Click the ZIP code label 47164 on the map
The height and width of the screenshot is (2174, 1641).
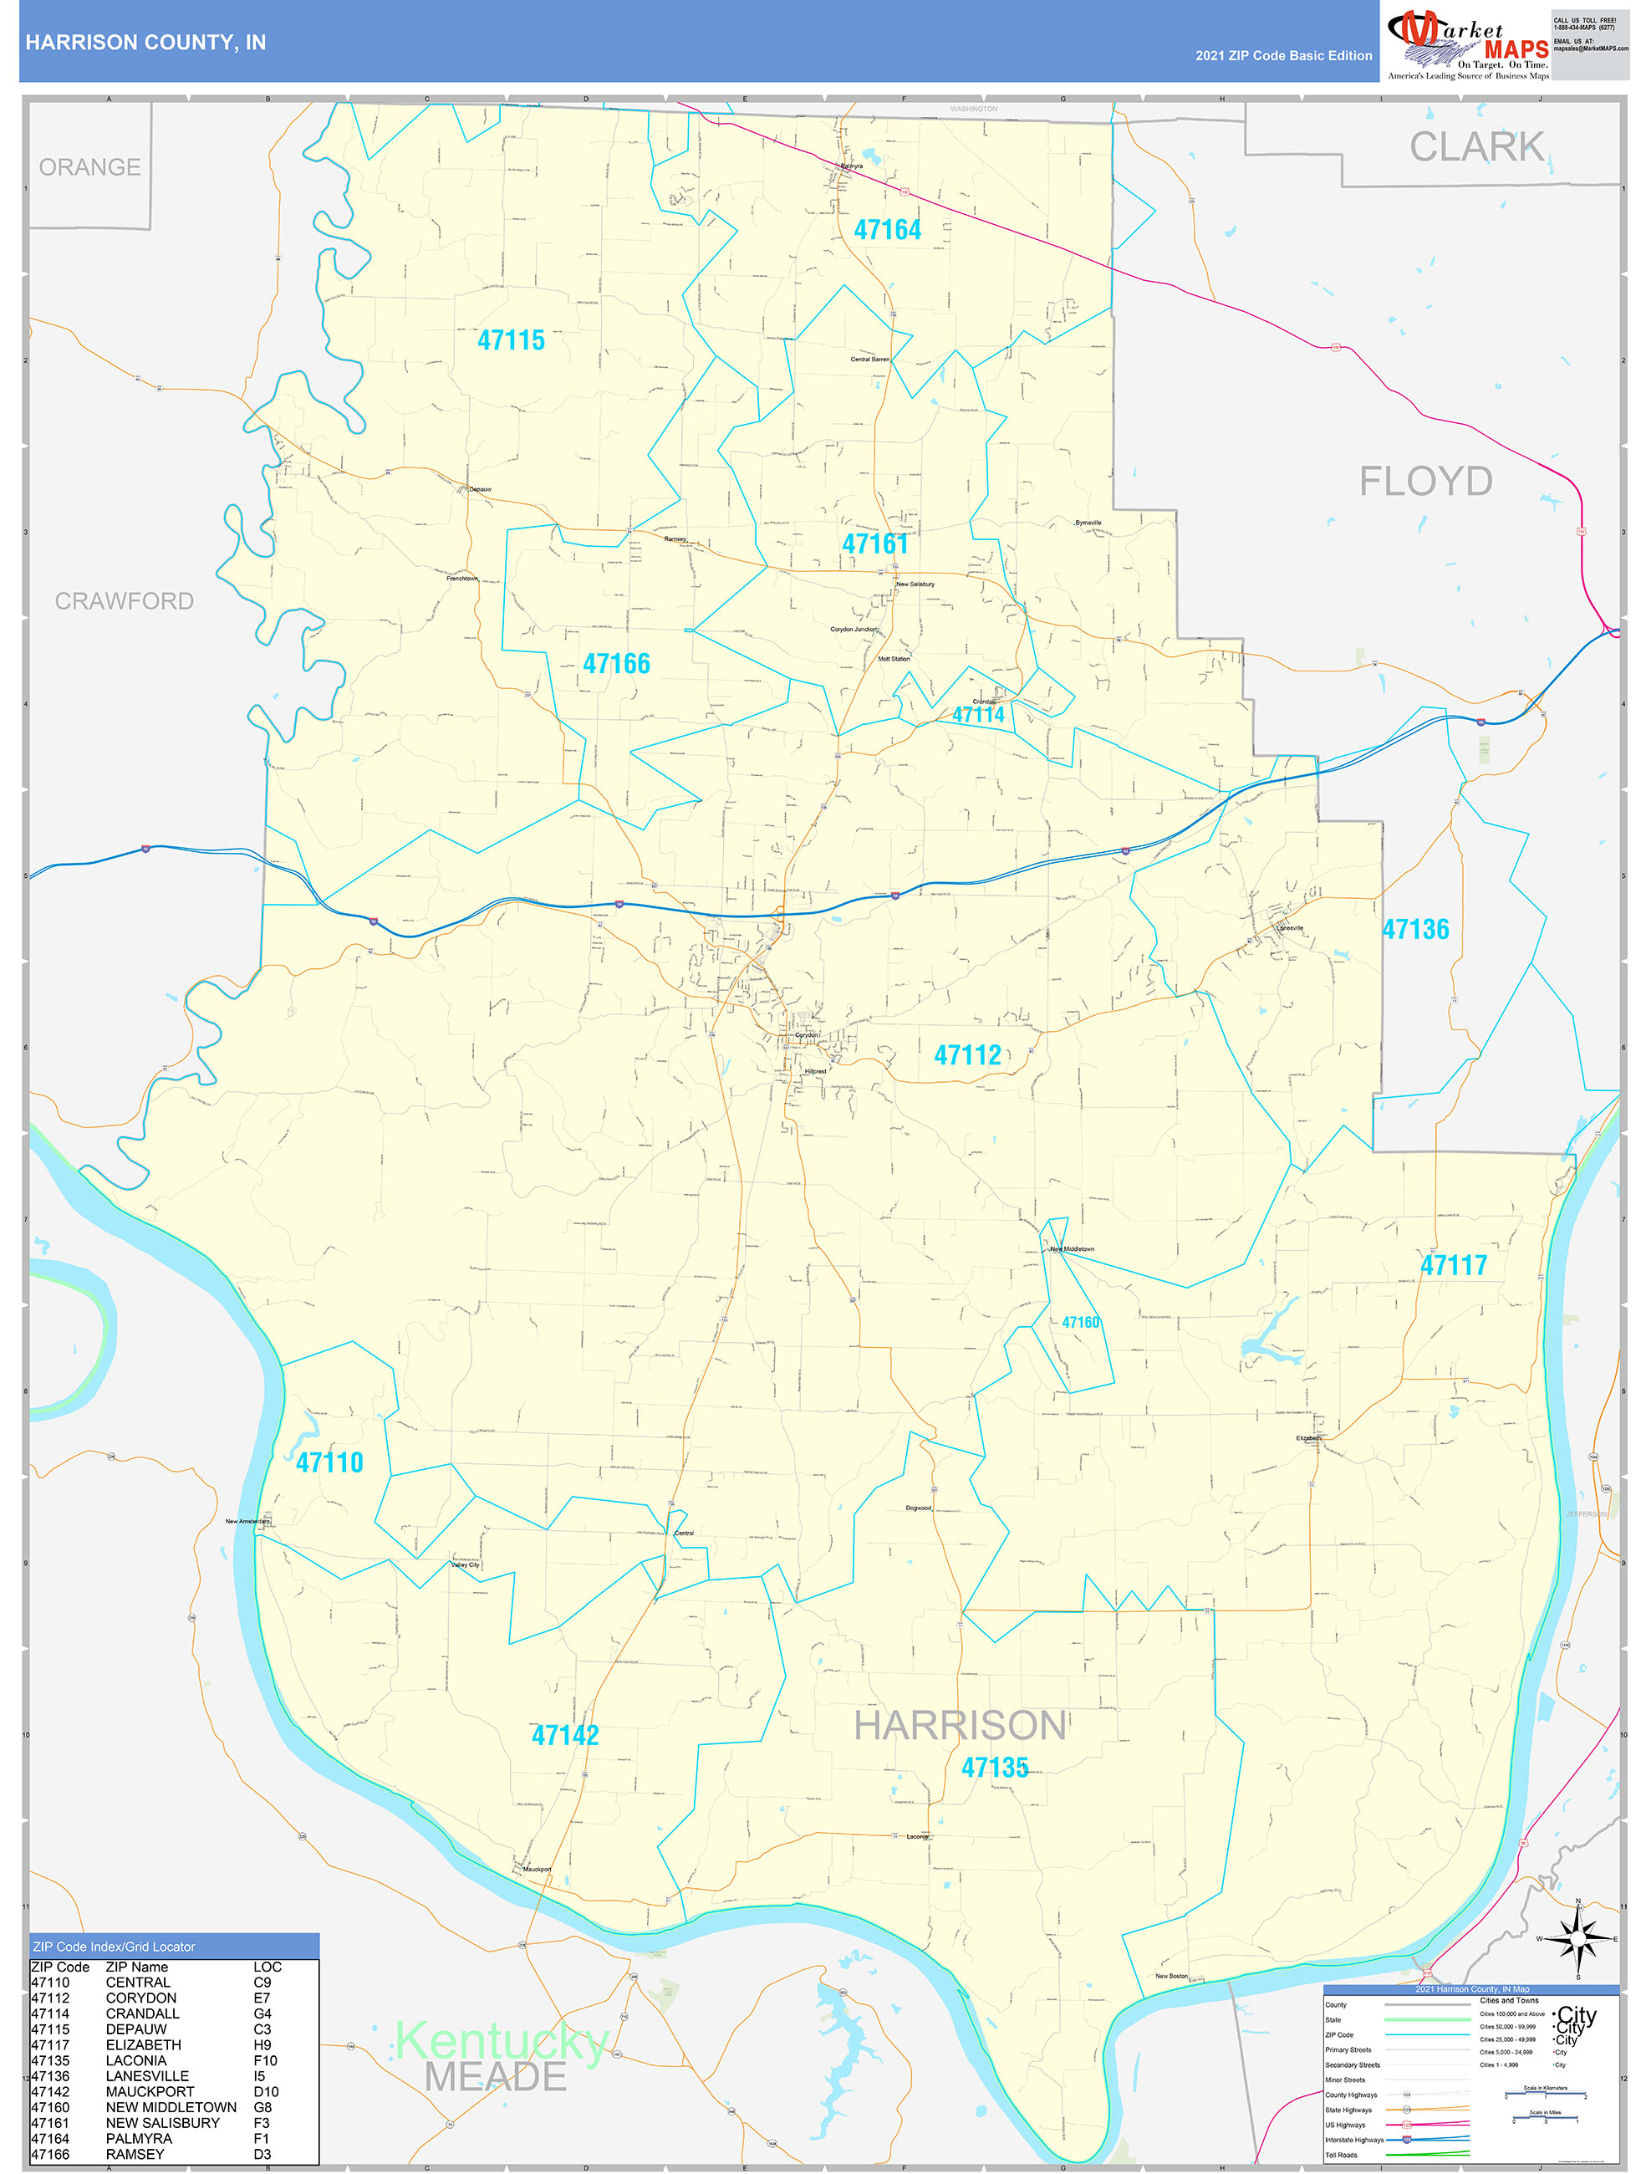[x=887, y=230]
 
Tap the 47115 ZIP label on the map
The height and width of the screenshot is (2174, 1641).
[x=511, y=340]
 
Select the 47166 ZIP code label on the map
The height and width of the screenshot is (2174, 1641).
[x=616, y=663]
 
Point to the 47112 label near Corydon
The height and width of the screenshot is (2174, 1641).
[x=967, y=1055]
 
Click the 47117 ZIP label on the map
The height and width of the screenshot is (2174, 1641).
[x=1453, y=1265]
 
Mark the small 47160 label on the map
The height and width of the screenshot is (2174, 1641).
[x=1080, y=1322]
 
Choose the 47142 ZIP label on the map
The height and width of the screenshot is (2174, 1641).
[x=565, y=1735]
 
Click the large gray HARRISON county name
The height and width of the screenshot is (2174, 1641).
[x=960, y=1725]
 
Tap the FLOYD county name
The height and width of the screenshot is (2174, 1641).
[x=1424, y=482]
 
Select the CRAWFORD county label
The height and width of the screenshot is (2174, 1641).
[x=124, y=600]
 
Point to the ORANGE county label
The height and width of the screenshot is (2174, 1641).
[x=89, y=167]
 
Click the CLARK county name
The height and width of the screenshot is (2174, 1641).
[x=1476, y=147]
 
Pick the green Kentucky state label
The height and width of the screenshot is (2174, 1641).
[x=501, y=2041]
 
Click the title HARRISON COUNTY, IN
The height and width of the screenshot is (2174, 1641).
[x=145, y=43]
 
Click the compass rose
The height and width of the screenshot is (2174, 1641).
[x=1577, y=1939]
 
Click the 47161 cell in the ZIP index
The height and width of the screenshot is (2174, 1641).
[x=50, y=2122]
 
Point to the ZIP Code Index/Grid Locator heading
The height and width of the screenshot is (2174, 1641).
[x=114, y=1946]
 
